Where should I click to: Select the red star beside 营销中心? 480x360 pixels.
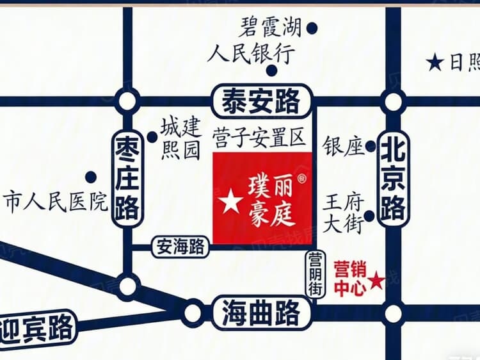tap(378, 280)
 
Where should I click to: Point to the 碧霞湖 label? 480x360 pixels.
tap(271, 28)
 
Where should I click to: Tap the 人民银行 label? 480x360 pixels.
tap(251, 54)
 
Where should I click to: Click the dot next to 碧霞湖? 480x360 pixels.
tap(312, 28)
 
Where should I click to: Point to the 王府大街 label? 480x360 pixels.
tap(344, 212)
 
